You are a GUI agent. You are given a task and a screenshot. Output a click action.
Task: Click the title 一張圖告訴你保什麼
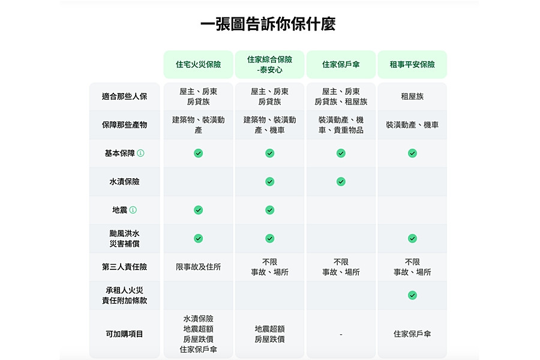(268, 24)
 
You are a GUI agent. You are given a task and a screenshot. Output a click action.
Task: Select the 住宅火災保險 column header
(199, 64)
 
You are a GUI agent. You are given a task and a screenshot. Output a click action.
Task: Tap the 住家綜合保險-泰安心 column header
(269, 64)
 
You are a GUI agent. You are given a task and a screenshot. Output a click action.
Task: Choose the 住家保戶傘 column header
(341, 64)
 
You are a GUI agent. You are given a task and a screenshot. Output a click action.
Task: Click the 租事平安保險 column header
(412, 64)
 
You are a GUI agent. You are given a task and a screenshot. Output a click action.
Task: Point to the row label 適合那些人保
(124, 97)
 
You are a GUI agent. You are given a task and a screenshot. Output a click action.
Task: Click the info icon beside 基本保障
(140, 153)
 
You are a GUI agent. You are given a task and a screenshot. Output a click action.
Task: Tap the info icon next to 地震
(133, 210)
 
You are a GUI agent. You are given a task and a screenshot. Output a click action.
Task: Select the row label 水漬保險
(124, 182)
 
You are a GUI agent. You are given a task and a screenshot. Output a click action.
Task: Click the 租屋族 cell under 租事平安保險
(412, 97)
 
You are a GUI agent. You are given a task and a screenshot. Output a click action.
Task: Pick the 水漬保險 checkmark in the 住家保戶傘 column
(341, 182)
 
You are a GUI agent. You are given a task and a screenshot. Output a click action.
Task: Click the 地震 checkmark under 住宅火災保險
(199, 210)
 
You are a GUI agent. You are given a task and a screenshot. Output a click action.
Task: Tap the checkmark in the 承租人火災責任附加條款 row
(412, 295)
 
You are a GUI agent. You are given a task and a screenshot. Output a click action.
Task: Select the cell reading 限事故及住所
(199, 267)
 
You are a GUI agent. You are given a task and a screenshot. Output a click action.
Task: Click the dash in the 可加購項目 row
(341, 334)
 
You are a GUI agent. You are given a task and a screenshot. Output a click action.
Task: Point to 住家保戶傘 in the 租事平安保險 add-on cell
(412, 334)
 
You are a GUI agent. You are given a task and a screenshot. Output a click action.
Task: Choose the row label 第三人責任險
(124, 267)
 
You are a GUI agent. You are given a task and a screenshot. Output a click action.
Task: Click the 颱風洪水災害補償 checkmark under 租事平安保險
(412, 238)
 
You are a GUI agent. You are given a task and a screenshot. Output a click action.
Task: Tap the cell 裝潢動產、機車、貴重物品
(341, 125)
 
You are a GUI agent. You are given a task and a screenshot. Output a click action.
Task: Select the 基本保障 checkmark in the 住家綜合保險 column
(269, 153)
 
